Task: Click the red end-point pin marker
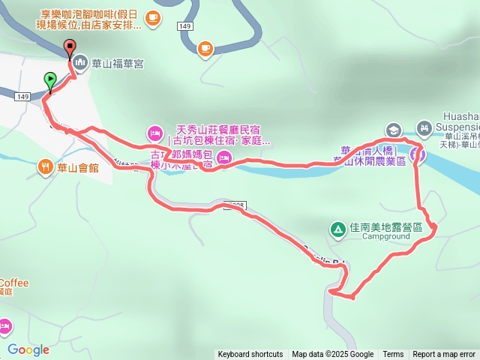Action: (x=70, y=48)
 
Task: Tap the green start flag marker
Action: (x=49, y=79)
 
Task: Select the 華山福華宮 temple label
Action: (x=118, y=64)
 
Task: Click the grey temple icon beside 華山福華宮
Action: (x=81, y=64)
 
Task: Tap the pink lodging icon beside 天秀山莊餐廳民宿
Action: (x=154, y=133)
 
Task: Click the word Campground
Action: (x=386, y=236)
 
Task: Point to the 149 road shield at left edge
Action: (x=22, y=97)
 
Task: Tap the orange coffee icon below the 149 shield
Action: (x=204, y=49)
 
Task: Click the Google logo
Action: (x=28, y=349)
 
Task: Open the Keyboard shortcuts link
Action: (x=250, y=355)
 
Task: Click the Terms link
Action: (x=393, y=355)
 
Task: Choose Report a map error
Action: (x=444, y=355)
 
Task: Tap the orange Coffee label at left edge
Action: (x=13, y=283)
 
